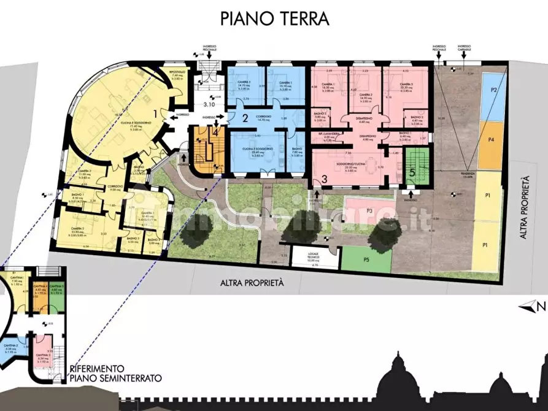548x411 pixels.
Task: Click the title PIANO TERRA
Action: click(274, 19)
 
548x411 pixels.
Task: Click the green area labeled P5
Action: click(366, 259)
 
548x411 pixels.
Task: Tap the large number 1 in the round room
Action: click(156, 113)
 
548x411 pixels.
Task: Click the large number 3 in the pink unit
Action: click(324, 179)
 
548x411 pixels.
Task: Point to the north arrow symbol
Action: click(529, 305)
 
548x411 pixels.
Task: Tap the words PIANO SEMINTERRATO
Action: click(117, 378)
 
